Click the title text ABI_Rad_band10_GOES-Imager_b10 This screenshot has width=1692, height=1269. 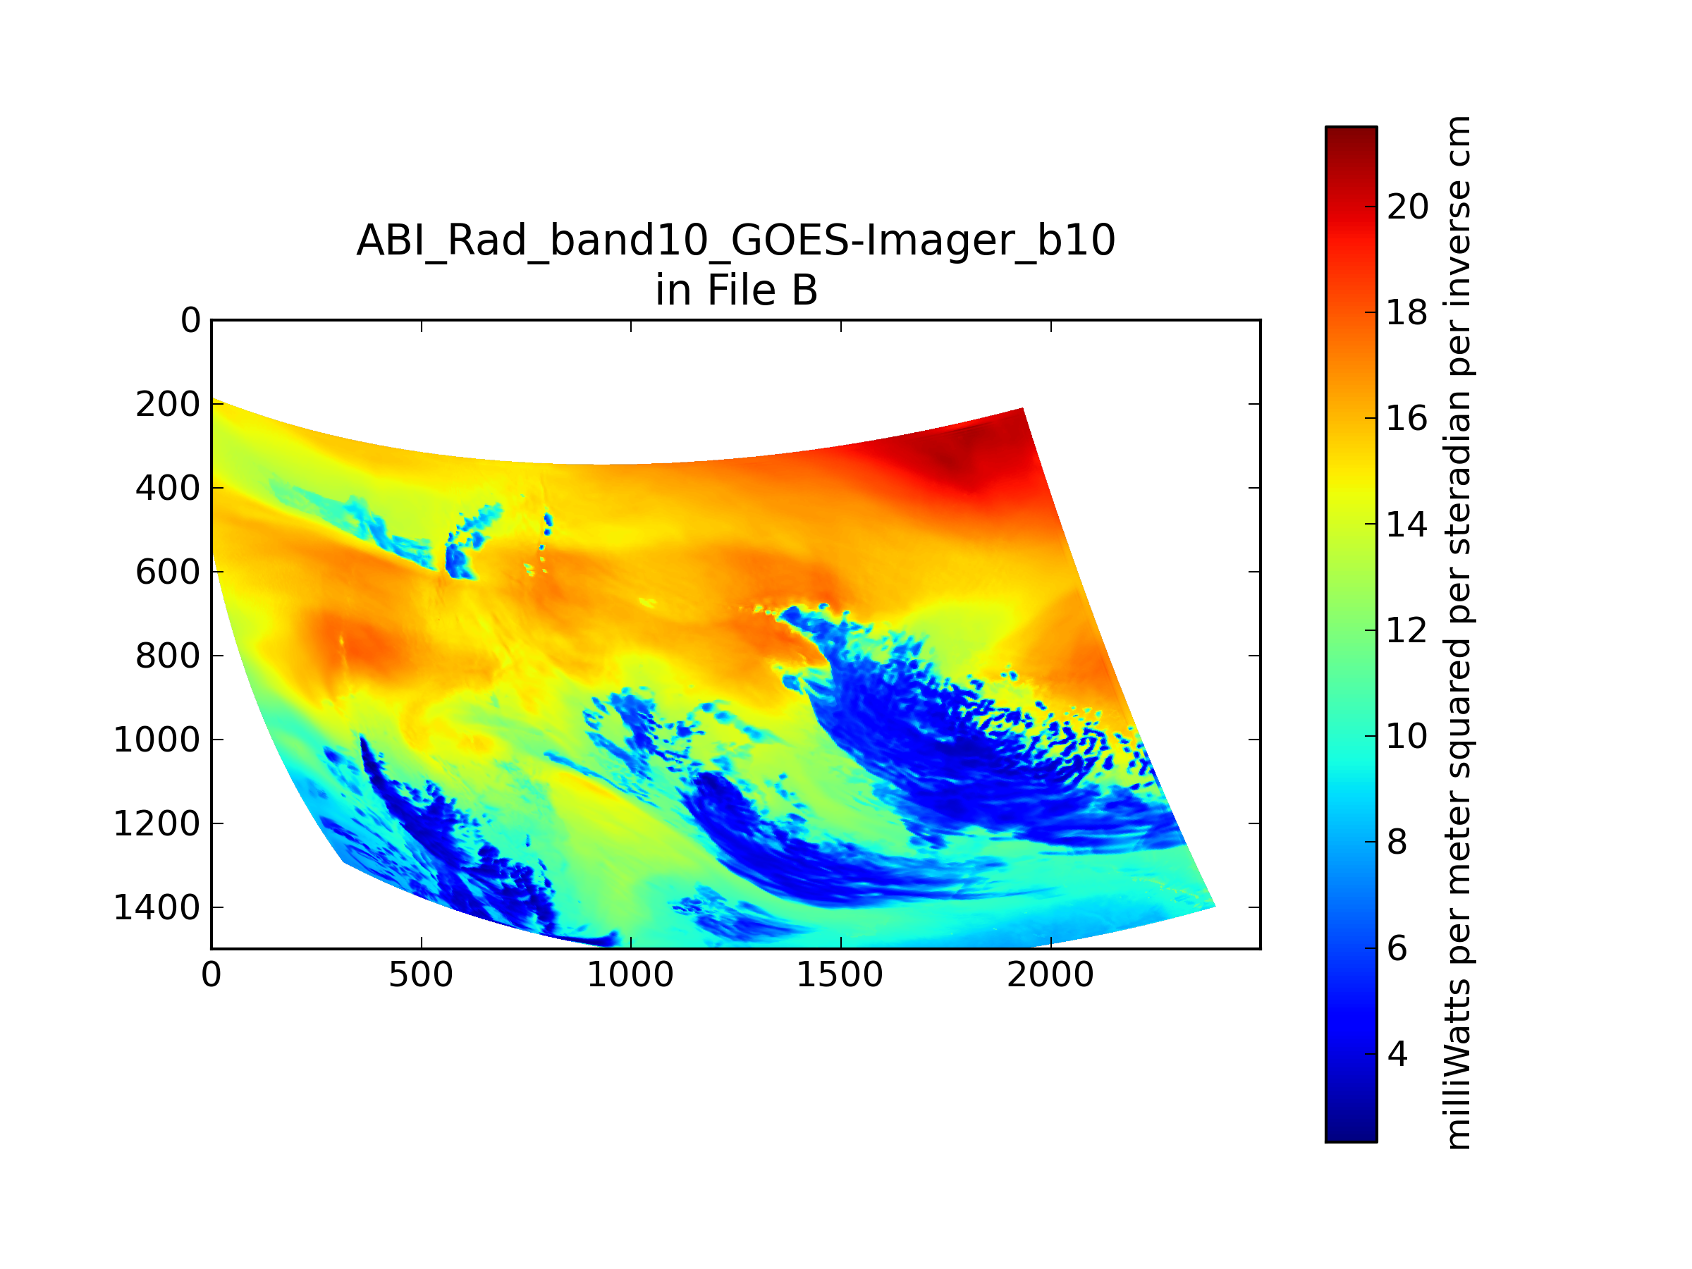[x=736, y=240]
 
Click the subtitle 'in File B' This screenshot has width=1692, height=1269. [x=737, y=290]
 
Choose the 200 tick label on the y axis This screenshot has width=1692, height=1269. [x=168, y=405]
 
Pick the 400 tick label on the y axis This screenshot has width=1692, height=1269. [x=168, y=488]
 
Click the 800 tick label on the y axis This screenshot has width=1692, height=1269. [x=168, y=656]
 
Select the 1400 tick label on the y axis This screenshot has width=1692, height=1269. [x=157, y=908]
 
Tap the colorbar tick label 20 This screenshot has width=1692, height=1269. [x=1407, y=207]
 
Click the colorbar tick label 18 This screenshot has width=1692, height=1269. [x=1407, y=313]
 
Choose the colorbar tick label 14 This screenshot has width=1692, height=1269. [x=1407, y=525]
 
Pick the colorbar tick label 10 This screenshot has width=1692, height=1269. [x=1407, y=737]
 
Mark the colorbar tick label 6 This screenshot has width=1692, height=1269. [x=1397, y=948]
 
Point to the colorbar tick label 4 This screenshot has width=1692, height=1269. [x=1397, y=1055]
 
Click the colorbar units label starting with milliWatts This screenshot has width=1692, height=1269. [x=1459, y=633]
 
